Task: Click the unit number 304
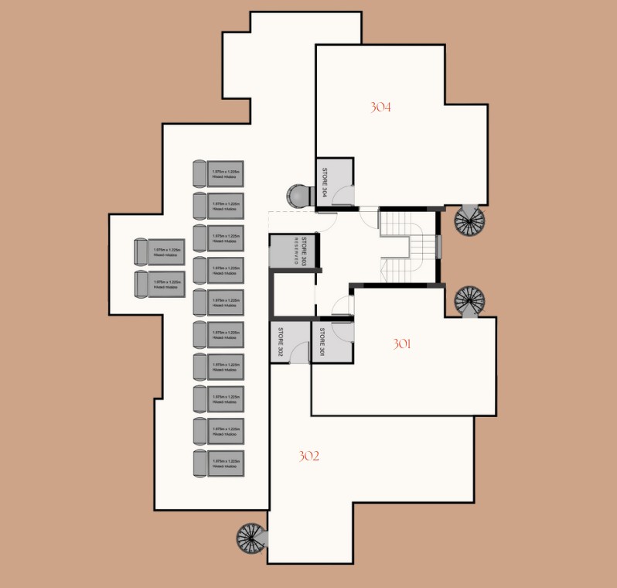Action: (380, 108)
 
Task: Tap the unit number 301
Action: (401, 344)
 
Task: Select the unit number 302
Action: (308, 456)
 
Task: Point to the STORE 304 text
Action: (326, 183)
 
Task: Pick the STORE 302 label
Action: (281, 343)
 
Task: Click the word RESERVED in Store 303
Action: (295, 251)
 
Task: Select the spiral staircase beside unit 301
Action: (468, 299)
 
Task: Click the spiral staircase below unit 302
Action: (251, 537)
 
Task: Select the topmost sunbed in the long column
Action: (218, 173)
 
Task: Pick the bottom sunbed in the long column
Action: (218, 463)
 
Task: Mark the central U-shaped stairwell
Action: (407, 248)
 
